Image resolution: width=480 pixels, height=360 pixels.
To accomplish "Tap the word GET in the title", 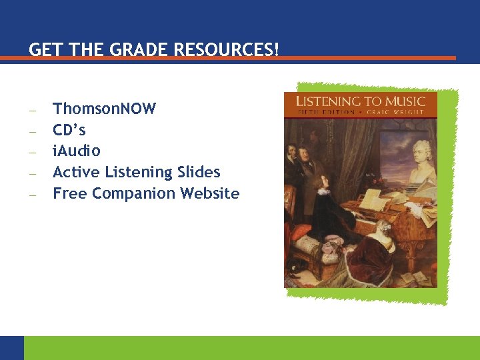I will click(43, 50).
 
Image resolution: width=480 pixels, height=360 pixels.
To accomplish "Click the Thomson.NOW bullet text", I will click(104, 109).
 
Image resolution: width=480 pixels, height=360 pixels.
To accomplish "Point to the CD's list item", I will click(69, 130).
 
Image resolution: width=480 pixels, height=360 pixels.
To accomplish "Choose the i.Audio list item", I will click(76, 151).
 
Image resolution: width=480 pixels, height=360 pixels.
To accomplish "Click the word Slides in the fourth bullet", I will click(198, 172).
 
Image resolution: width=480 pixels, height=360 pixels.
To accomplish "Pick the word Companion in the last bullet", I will click(133, 193).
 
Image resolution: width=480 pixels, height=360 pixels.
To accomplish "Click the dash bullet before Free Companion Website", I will click(32, 195).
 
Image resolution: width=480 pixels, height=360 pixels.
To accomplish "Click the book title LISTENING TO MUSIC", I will click(360, 101).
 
